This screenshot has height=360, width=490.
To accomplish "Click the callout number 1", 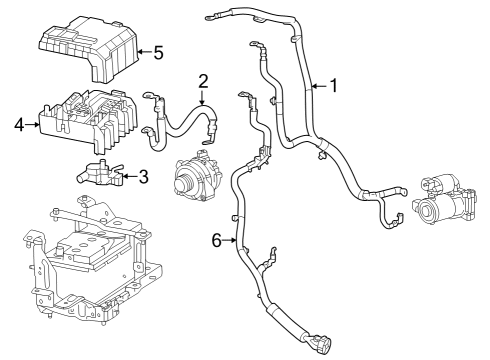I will [334, 86].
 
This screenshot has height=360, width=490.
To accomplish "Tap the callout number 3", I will [143, 177].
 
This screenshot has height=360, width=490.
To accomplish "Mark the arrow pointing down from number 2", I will [202, 98].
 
